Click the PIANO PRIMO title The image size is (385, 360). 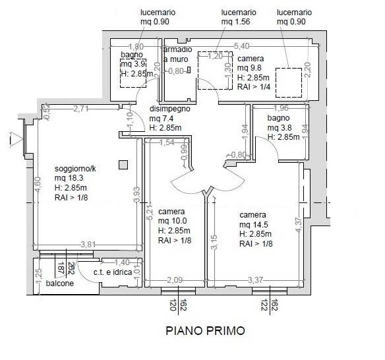click(205, 331)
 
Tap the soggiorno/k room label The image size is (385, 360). click(75, 169)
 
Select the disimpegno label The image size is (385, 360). click(169, 109)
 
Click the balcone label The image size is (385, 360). click(60, 283)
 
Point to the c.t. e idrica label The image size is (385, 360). click(113, 272)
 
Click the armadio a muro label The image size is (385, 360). click(177, 54)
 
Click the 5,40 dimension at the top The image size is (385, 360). click(241, 46)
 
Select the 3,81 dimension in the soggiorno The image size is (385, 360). click(88, 245)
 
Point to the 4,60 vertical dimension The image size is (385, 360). click(38, 185)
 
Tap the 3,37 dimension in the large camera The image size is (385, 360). click(255, 280)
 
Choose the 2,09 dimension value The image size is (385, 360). click(175, 280)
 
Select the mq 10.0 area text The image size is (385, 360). click(172, 221)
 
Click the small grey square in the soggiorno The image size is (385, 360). click(123, 165)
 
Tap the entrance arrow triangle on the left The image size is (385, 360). click(16, 138)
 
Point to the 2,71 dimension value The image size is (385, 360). click(81, 109)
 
